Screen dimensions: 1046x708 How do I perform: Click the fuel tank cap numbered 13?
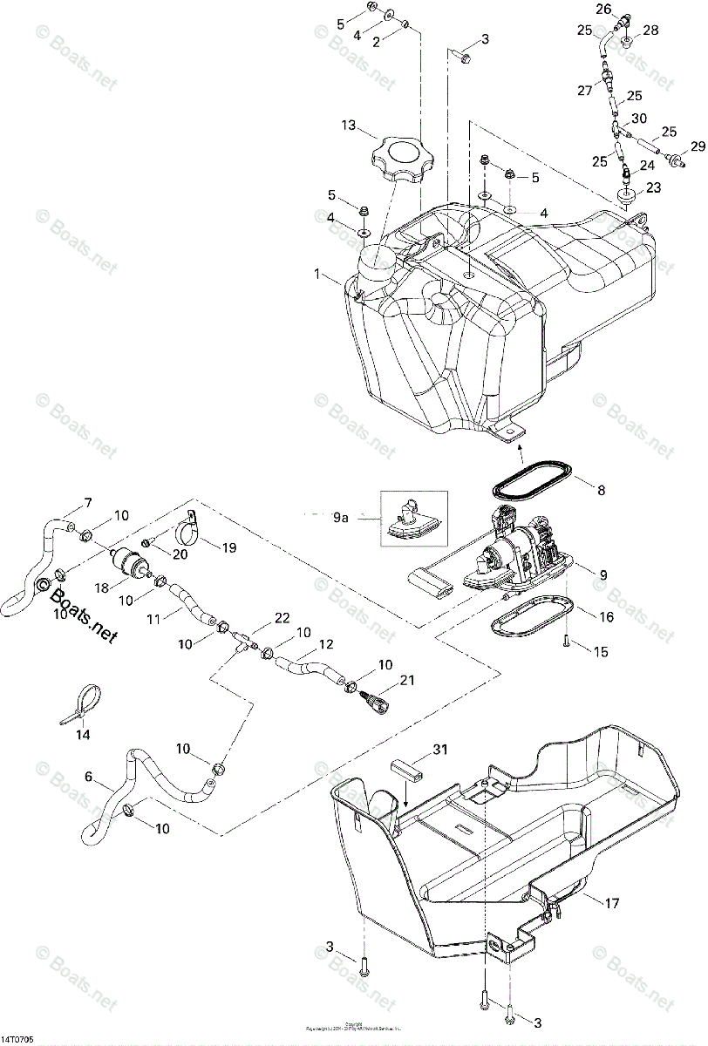(x=404, y=160)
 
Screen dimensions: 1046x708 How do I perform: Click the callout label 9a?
(x=340, y=517)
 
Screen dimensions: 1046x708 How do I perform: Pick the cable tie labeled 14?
(x=85, y=703)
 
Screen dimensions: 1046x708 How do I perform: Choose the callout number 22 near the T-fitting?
(x=282, y=618)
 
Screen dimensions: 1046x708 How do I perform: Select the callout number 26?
(x=604, y=10)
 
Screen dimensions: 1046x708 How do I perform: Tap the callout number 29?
(x=698, y=145)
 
